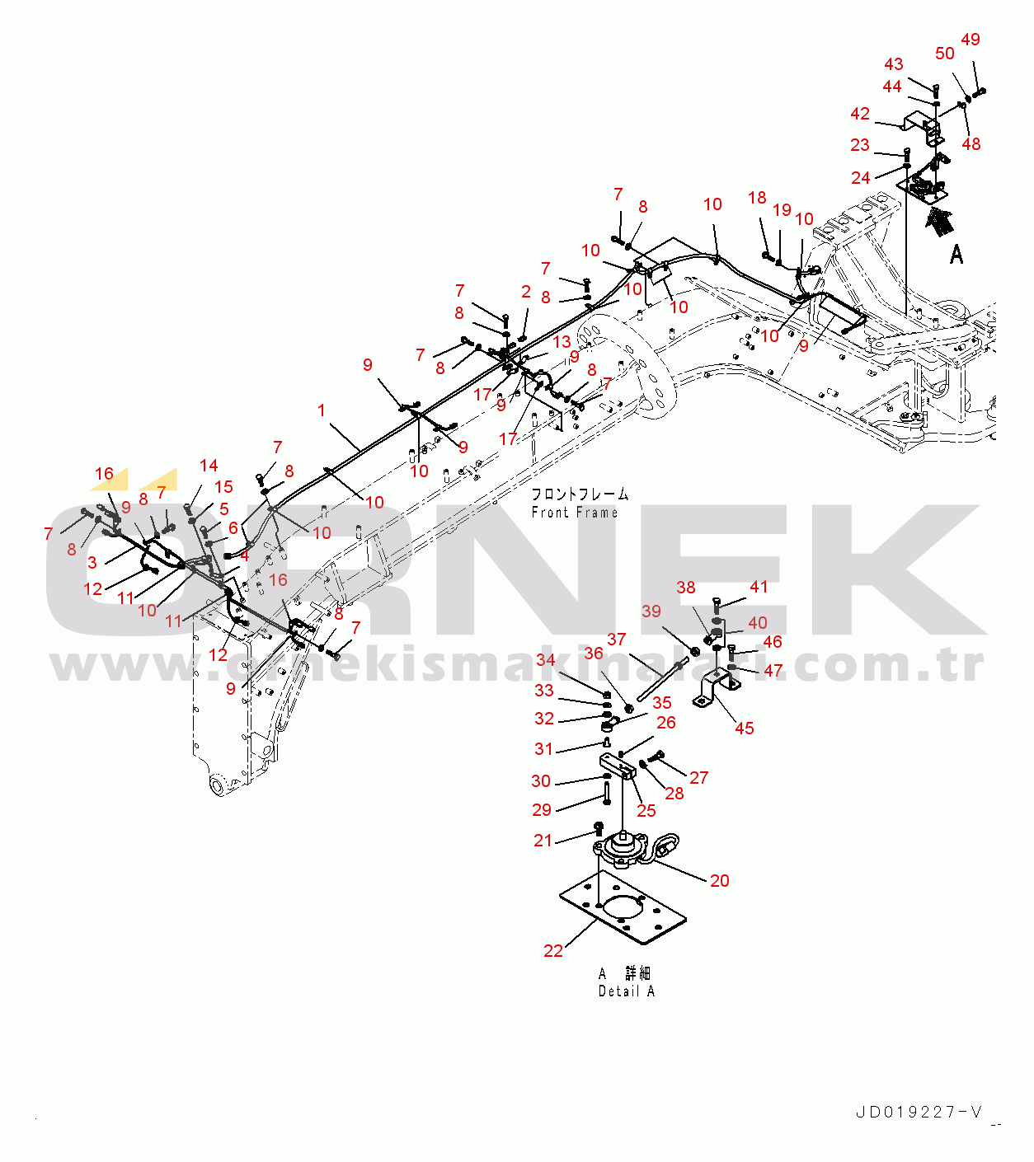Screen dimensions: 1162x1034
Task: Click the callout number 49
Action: tap(971, 40)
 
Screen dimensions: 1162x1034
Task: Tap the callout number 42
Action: tap(860, 114)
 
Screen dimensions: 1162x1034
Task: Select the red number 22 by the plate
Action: tap(552, 951)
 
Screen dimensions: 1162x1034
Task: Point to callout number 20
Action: tap(719, 880)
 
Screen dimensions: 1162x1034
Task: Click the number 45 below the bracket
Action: tap(744, 728)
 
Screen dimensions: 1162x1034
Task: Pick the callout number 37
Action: tap(617, 639)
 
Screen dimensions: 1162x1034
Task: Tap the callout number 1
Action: tap(322, 410)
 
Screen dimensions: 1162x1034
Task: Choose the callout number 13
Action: tap(562, 341)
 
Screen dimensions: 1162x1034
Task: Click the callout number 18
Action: tap(757, 198)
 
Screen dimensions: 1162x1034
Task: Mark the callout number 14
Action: tap(209, 466)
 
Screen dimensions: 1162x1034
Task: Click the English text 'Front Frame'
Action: tap(575, 513)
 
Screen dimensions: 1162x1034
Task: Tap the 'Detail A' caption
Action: tap(627, 991)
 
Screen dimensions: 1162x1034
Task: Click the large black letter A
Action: tap(956, 255)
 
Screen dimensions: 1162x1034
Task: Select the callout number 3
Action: tap(92, 562)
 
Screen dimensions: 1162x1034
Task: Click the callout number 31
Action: tap(543, 748)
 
